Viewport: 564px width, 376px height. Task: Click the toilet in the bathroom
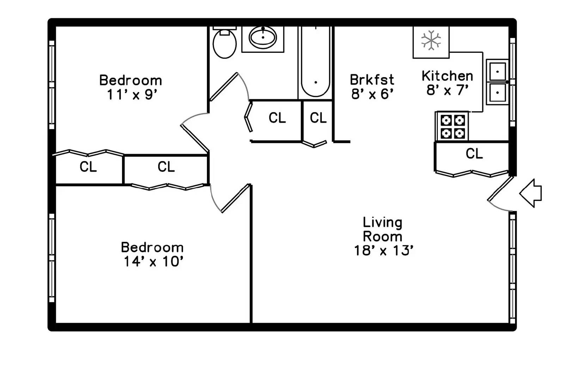tap(225, 43)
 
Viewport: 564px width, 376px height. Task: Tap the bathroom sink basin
tap(263, 38)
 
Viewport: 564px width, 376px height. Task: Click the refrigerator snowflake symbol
tap(431, 40)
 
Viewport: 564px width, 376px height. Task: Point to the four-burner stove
tap(453, 127)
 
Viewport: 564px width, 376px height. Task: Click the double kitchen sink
tap(497, 82)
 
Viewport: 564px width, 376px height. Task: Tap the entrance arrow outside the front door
tap(531, 193)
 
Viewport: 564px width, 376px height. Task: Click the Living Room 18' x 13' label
tap(383, 236)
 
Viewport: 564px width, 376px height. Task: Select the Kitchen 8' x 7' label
tap(447, 83)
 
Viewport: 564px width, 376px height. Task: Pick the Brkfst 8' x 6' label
tap(372, 87)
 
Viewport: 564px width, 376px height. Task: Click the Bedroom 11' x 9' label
tap(131, 87)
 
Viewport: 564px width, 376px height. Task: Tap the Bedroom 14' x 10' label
tap(152, 254)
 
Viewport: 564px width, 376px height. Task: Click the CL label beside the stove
tap(474, 154)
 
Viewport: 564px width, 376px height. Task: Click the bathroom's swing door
tap(224, 86)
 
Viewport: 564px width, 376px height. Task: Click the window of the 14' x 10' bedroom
tap(52, 258)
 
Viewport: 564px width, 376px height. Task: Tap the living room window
tap(512, 268)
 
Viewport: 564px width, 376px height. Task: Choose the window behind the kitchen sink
tap(513, 82)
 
